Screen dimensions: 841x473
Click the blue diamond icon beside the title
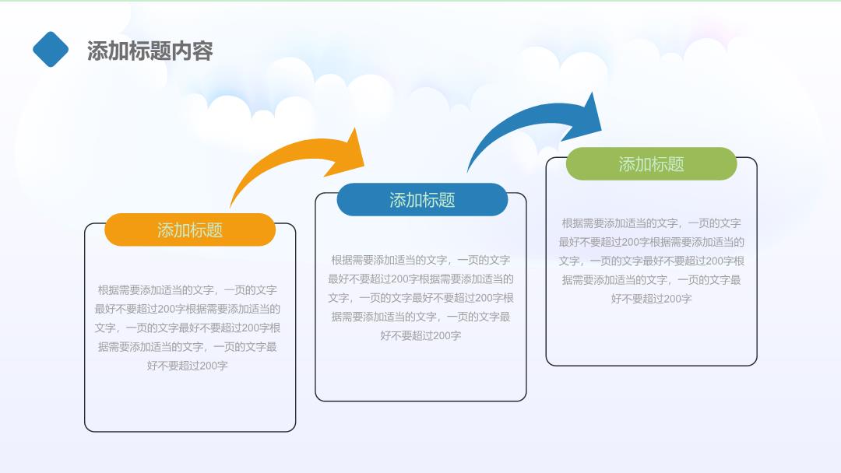click(51, 49)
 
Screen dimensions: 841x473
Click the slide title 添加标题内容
click(150, 51)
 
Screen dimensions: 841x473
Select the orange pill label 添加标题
click(190, 229)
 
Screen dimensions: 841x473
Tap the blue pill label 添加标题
click(422, 200)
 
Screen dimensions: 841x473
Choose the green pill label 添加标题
click(651, 164)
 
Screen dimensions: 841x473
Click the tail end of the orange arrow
click(230, 207)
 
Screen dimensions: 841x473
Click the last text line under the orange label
click(187, 366)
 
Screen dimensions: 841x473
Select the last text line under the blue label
click(420, 336)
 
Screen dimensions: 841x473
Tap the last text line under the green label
click(651, 299)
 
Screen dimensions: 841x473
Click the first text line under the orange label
click(187, 290)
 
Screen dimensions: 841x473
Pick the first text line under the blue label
click(420, 261)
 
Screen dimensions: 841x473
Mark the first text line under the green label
click(651, 223)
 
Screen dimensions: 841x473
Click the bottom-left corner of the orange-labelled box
click(86, 431)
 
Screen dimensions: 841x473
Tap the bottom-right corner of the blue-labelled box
click(526, 401)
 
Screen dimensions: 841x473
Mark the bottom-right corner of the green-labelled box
click(756, 366)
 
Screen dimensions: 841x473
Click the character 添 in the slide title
click(97, 51)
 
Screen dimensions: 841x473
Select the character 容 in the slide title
click(202, 51)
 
